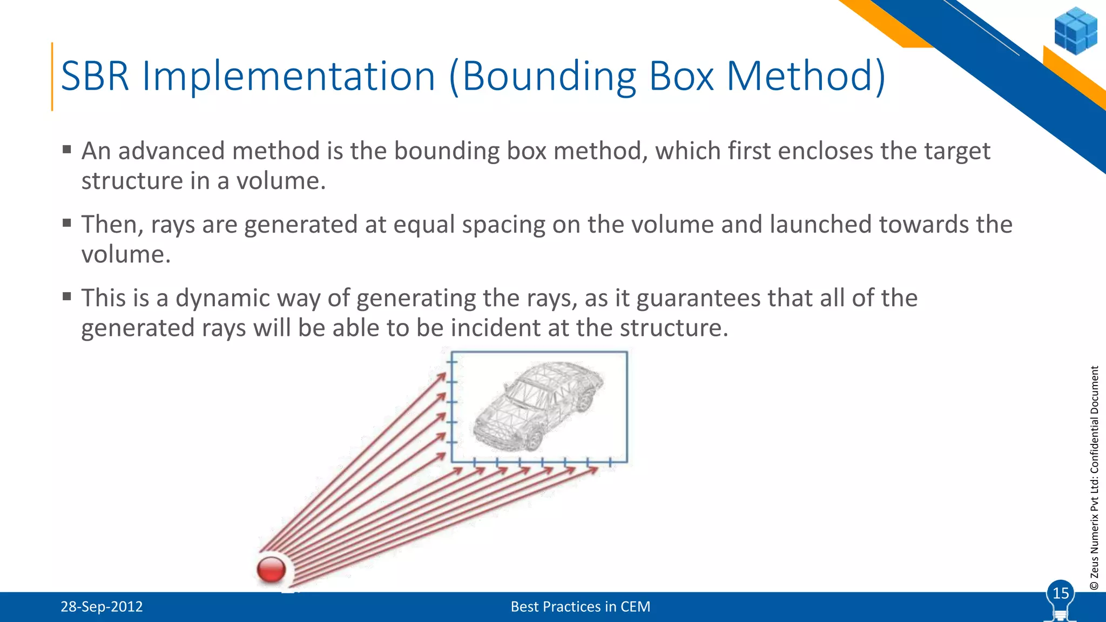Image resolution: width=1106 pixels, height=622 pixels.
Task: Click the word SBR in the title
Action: [x=95, y=76]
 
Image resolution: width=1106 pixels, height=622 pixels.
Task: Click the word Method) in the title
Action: [x=806, y=76]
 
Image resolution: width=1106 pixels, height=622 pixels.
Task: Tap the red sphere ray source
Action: [x=271, y=569]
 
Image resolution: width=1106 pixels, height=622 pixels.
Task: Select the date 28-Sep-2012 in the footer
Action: [x=102, y=607]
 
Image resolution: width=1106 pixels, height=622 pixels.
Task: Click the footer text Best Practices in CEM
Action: [x=580, y=607]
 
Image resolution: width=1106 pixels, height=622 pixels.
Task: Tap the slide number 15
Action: [x=1061, y=593]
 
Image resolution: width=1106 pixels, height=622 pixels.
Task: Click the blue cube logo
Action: [x=1075, y=31]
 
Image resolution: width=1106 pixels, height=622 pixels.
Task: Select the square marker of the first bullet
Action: [x=67, y=149]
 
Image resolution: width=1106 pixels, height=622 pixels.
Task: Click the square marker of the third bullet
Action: [x=67, y=296]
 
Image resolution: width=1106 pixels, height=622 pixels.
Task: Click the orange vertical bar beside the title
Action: [x=52, y=76]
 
